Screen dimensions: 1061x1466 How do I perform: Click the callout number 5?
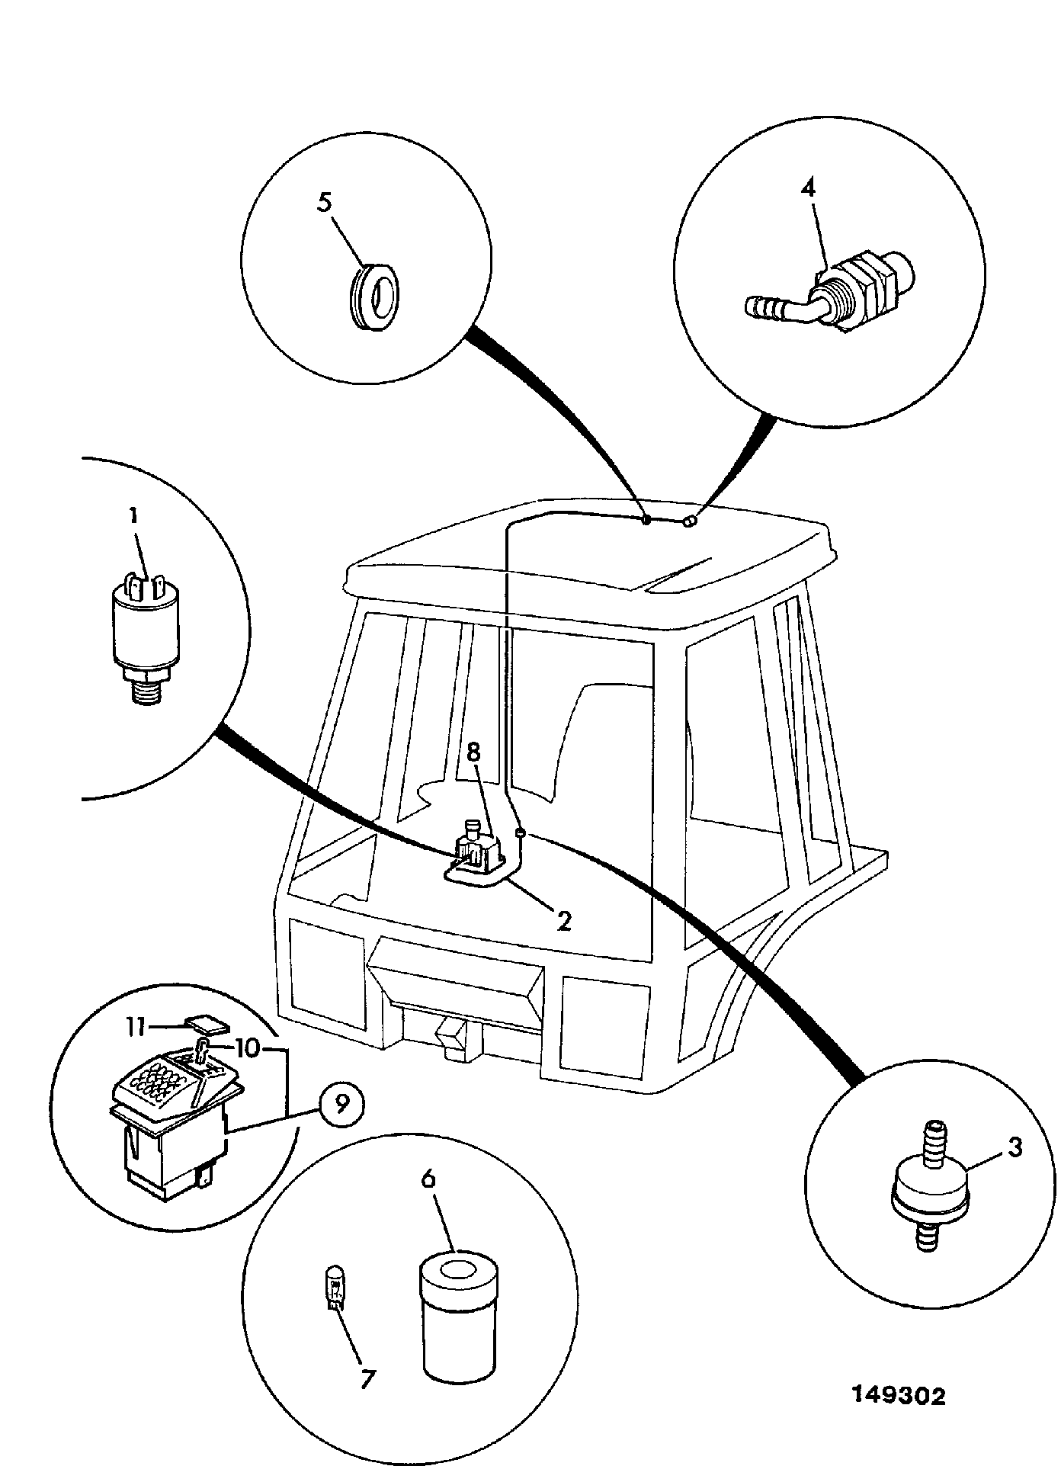coord(325,204)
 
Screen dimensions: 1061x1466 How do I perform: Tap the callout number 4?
coord(809,188)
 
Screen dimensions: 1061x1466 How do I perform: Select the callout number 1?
coord(133,516)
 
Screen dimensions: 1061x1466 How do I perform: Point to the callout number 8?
coord(473,753)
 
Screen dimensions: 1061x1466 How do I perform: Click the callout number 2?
coord(563,920)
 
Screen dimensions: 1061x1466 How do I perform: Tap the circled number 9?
coord(342,1103)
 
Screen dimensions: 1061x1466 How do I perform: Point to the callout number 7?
coord(367,1378)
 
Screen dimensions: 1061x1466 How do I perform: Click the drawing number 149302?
coord(898,1396)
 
